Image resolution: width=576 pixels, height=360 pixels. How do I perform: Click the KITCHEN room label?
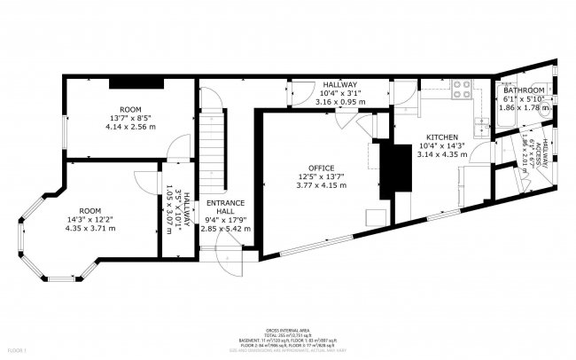[441, 137]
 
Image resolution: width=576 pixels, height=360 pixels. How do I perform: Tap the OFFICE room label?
[321, 168]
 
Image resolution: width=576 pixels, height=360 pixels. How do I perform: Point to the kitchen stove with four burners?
[462, 88]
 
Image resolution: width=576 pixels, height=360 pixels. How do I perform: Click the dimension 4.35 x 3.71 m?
[90, 229]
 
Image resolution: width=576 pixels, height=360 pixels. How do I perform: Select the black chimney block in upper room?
[135, 83]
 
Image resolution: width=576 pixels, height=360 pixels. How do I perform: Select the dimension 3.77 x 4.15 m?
[321, 187]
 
